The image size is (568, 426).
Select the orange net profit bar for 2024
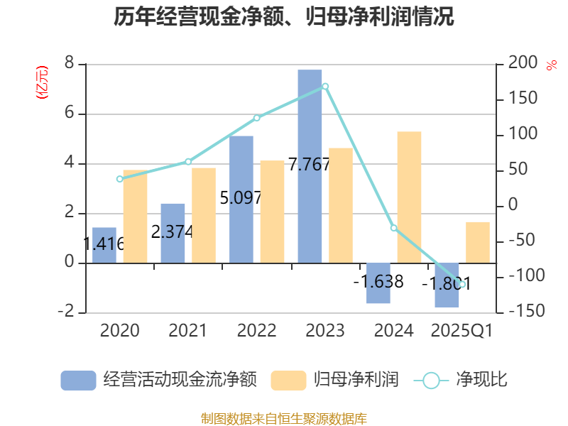[409, 197]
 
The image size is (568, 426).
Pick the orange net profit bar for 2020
[135, 217]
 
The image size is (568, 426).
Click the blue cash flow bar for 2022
[241, 199]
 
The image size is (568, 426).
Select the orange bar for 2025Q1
[478, 242]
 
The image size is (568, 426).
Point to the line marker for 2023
[325, 86]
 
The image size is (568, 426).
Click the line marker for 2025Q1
[462, 284]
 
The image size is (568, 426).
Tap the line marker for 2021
[188, 161]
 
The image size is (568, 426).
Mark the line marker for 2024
[393, 228]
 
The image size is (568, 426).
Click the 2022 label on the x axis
[257, 330]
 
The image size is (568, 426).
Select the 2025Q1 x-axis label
[462, 330]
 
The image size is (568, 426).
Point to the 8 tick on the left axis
[69, 64]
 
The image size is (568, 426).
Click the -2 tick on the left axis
[66, 312]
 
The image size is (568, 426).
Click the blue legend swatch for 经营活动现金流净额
[78, 381]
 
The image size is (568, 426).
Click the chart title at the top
[284, 17]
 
